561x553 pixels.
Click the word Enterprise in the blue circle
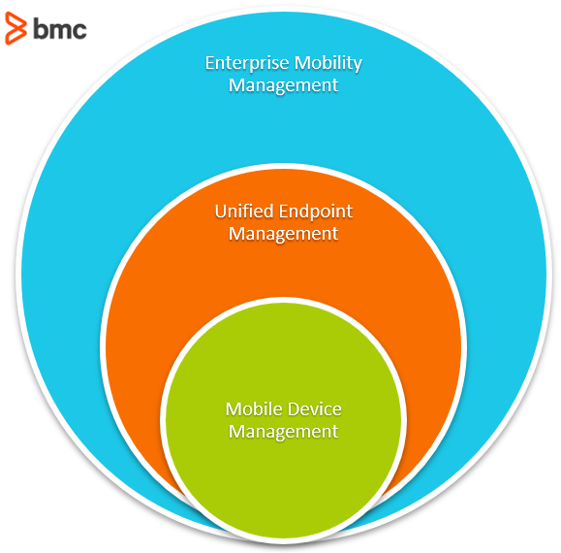point(247,64)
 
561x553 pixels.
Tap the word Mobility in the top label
point(328,64)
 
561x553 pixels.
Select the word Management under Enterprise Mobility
point(283,86)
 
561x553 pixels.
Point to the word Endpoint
point(316,212)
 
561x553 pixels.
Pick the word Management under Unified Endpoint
point(283,235)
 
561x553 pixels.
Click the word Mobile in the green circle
point(251,409)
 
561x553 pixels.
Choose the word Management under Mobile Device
point(283,433)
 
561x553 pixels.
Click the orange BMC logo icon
point(16,28)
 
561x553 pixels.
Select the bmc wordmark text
point(60,29)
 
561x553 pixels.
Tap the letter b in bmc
point(40,29)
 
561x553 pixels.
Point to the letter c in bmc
point(79,31)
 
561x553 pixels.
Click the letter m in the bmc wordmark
point(60,31)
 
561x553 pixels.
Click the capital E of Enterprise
point(210,63)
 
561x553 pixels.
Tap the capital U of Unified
point(221,211)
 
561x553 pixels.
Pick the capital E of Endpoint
point(284,211)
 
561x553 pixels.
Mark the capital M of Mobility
point(302,63)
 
